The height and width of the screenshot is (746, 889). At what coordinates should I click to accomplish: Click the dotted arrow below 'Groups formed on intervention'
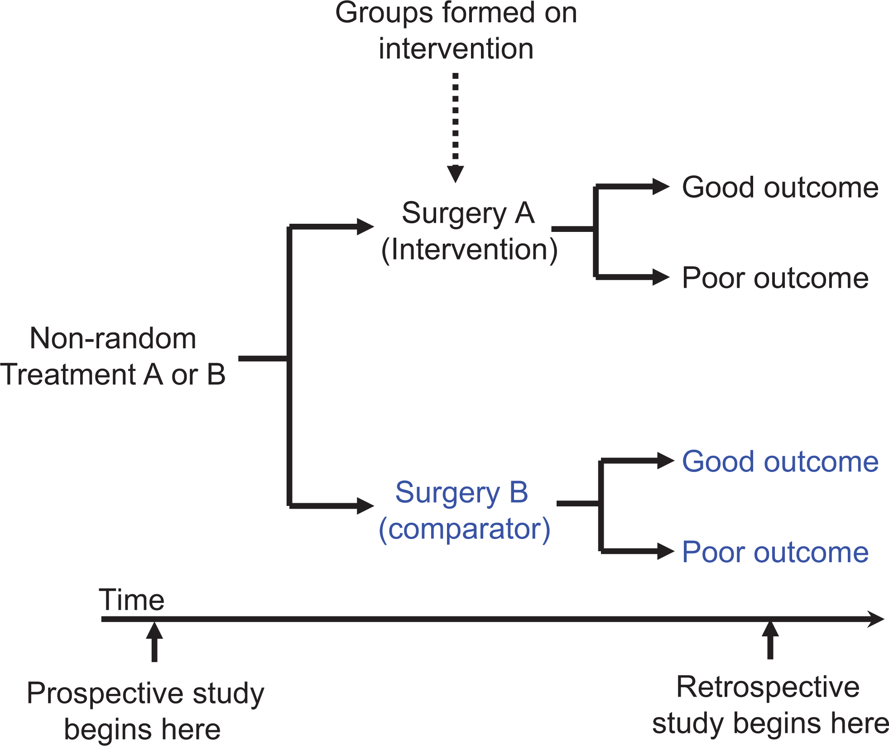(x=455, y=128)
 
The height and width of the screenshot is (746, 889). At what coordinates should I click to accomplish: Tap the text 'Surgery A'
(x=468, y=214)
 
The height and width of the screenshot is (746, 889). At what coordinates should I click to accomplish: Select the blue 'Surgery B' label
(x=461, y=493)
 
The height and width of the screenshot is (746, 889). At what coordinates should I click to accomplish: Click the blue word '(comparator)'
(x=465, y=529)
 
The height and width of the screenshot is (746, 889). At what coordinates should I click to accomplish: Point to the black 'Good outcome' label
(x=780, y=188)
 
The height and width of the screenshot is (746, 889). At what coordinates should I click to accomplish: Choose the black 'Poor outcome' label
(x=775, y=278)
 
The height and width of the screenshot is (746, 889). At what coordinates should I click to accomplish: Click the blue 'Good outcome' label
(x=780, y=462)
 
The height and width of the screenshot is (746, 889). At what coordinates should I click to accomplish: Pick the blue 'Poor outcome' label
(x=775, y=552)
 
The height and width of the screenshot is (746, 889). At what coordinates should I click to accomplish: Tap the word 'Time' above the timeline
(x=132, y=600)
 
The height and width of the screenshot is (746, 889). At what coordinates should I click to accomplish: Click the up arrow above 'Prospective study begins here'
(x=154, y=642)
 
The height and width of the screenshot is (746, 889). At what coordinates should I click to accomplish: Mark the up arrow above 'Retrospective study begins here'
(x=770, y=640)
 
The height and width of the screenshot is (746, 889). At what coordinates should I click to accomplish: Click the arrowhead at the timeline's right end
(x=875, y=619)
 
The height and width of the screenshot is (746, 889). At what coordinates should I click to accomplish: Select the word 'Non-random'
(x=113, y=338)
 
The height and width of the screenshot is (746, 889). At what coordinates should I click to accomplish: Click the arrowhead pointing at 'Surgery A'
(x=365, y=226)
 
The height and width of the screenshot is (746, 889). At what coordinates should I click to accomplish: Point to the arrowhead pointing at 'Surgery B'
(x=365, y=506)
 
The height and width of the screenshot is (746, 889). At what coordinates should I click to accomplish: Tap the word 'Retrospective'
(x=768, y=687)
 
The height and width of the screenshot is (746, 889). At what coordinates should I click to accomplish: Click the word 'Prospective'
(x=106, y=693)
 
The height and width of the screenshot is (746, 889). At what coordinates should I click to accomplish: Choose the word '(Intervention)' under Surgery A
(x=470, y=250)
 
